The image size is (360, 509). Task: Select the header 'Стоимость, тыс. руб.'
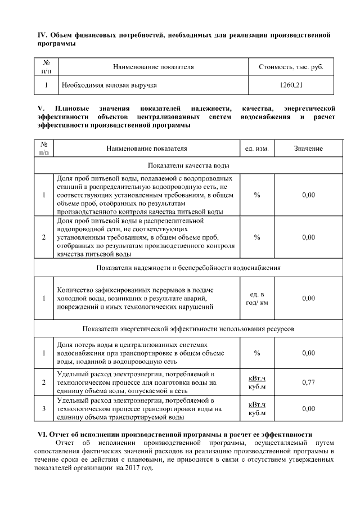pos(291,66)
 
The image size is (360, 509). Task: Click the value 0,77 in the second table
pos(308,382)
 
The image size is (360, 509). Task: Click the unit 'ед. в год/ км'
pos(256,298)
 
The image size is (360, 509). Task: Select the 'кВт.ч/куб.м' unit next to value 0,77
pos(256,382)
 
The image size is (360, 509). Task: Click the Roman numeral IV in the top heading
pos(42,35)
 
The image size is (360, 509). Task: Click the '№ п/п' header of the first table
pos(47,66)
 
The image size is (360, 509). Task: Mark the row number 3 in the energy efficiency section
pos(43,408)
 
